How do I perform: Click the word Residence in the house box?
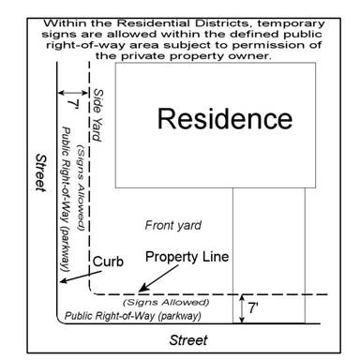pyautogui.click(x=225, y=119)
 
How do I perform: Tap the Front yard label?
pyautogui.click(x=173, y=226)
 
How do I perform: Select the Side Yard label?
pyautogui.click(x=98, y=115)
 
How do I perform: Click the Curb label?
pyautogui.click(x=108, y=262)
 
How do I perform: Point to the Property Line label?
pyautogui.click(x=187, y=257)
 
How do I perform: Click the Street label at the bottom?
pyautogui.click(x=188, y=340)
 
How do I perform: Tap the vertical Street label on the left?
pyautogui.click(x=41, y=172)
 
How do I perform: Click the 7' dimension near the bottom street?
pyautogui.click(x=253, y=308)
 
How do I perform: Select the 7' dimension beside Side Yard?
pyautogui.click(x=73, y=104)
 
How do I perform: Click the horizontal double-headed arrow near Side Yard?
pyautogui.click(x=73, y=93)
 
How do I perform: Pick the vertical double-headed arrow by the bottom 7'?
pyautogui.click(x=242, y=308)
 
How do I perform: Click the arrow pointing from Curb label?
pyautogui.click(x=81, y=277)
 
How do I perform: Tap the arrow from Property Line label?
pyautogui.click(x=158, y=278)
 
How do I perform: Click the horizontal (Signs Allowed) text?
pyautogui.click(x=166, y=302)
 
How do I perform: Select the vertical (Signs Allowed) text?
pyautogui.click(x=81, y=187)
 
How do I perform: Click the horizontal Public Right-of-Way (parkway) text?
pyautogui.click(x=132, y=316)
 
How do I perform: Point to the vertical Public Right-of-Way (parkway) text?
pyautogui.click(x=65, y=199)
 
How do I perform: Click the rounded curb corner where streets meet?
pyautogui.click(x=59, y=321)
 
